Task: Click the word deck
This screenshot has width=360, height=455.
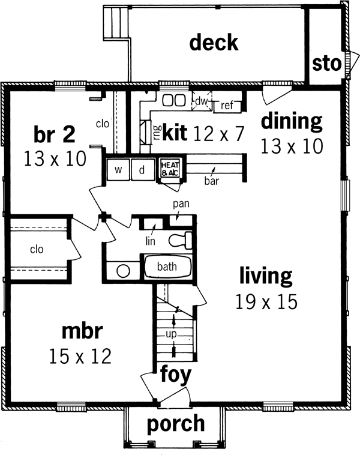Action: click(x=214, y=43)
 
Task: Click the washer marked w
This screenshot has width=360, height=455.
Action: click(x=119, y=169)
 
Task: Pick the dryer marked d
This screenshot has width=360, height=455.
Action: click(x=142, y=169)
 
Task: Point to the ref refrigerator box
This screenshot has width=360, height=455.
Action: click(x=227, y=106)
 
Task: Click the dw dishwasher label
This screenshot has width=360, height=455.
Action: click(x=200, y=102)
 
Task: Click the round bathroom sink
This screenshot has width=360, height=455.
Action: click(x=123, y=270)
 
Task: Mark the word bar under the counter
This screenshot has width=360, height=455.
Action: click(x=210, y=180)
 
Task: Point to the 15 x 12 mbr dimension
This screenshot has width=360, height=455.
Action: click(x=80, y=357)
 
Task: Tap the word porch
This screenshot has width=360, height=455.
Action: click(x=175, y=423)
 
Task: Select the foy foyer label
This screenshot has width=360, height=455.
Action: click(x=175, y=375)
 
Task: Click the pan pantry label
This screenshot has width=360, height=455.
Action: click(x=181, y=204)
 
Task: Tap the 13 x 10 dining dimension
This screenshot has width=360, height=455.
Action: click(x=292, y=145)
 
